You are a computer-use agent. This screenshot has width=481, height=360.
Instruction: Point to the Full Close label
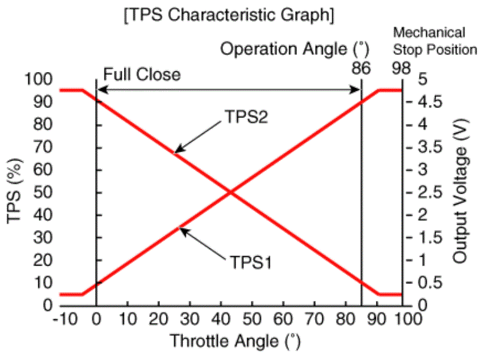[x=142, y=74]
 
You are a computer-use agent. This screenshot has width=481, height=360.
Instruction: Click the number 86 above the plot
[x=361, y=67]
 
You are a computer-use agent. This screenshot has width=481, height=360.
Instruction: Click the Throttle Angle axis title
[x=231, y=341]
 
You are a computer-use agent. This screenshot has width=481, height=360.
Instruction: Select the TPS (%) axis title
[x=16, y=192]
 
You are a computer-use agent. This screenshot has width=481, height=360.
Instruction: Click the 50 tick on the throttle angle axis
[x=252, y=319]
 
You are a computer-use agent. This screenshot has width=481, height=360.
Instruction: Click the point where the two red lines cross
[x=231, y=192]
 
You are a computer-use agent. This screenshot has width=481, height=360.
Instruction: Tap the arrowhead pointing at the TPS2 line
[x=175, y=152]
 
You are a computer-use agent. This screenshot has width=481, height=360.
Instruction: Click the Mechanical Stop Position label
[x=435, y=41]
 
